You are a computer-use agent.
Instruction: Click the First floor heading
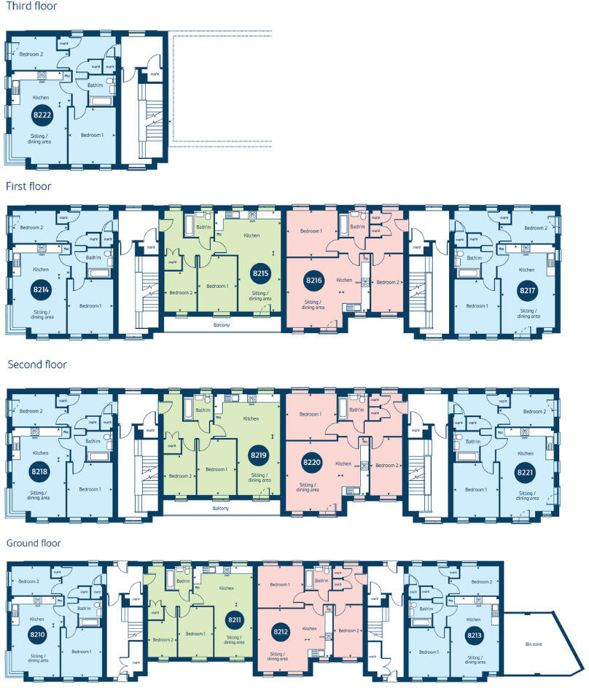pyautogui.click(x=28, y=187)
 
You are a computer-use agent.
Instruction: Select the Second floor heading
pyautogui.click(x=36, y=364)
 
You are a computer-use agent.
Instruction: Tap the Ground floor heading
pyautogui.click(x=34, y=543)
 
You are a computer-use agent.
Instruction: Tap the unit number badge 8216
pyautogui.click(x=313, y=281)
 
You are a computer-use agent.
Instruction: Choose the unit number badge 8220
pyautogui.click(x=313, y=461)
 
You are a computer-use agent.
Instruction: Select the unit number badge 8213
pyautogui.click(x=475, y=635)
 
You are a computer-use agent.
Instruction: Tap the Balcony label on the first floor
pyautogui.click(x=221, y=324)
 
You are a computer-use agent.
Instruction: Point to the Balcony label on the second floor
pyautogui.click(x=221, y=508)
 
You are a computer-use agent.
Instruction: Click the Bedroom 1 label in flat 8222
pyautogui.click(x=92, y=135)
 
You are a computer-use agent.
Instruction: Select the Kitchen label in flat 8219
pyautogui.click(x=251, y=419)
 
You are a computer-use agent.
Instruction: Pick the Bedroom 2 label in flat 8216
pyautogui.click(x=386, y=282)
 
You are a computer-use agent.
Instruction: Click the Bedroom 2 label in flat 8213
pyautogui.click(x=481, y=582)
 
